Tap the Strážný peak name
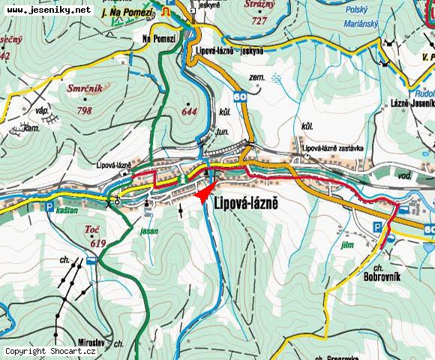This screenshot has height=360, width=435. click(x=259, y=6)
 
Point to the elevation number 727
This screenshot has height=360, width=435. click(x=259, y=21)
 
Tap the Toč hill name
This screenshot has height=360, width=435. click(x=92, y=230)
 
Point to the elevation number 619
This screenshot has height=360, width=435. click(x=97, y=244)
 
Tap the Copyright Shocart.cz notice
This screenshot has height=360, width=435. click(x=50, y=351)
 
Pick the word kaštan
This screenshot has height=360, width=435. click(x=68, y=211)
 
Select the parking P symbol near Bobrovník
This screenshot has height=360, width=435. click(x=379, y=226)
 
